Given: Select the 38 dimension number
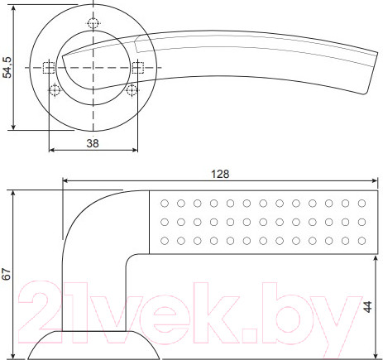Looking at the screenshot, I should coord(93,142).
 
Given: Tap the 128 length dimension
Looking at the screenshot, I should coord(219,175).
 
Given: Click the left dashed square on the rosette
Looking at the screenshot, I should coord(49,68).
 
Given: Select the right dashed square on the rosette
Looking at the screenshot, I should coord(137,68).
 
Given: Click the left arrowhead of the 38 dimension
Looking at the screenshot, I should coord(53,151).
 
